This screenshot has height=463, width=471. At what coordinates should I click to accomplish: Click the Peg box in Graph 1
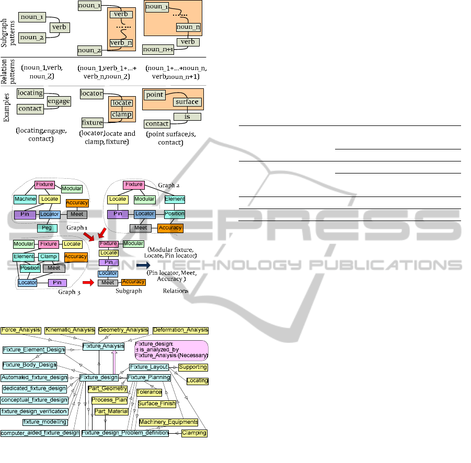tap(47, 228)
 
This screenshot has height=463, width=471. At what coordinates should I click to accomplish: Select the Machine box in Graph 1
tap(25, 199)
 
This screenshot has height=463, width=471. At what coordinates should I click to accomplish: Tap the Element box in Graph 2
tap(175, 199)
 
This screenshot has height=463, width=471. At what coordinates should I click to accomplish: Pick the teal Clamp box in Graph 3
tap(48, 257)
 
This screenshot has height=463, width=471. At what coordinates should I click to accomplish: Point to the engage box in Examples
tap(59, 101)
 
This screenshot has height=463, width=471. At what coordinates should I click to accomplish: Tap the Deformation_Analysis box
tap(181, 330)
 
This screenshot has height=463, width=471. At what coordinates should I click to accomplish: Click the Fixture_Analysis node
tap(104, 345)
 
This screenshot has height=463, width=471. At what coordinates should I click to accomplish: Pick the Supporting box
tap(193, 367)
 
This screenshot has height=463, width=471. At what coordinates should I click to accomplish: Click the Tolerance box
tap(149, 392)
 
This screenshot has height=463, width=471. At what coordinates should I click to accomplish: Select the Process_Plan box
tap(110, 400)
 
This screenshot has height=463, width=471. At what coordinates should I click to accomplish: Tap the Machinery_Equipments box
tap(168, 422)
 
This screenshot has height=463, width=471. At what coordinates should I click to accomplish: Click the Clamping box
tap(194, 433)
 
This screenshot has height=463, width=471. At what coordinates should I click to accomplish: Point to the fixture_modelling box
tap(45, 422)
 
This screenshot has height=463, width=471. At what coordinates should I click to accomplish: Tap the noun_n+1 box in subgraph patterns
tap(158, 49)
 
